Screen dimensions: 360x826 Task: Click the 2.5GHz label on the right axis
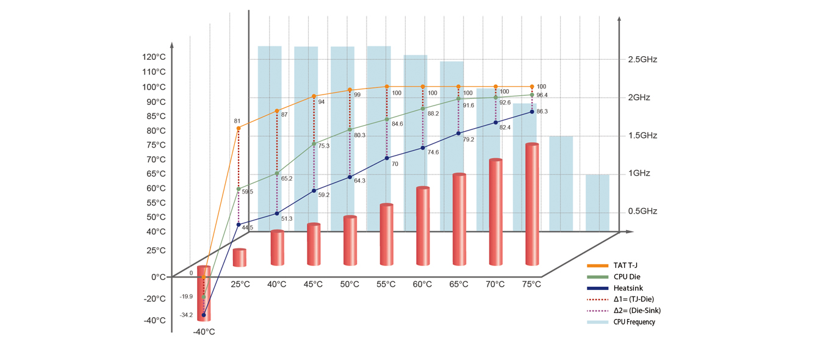click(642, 60)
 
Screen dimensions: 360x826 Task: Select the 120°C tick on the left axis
click(154, 57)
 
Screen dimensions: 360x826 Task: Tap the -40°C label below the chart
click(204, 332)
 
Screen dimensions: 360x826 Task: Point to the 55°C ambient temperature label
click(386, 284)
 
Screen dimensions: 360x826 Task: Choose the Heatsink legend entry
click(628, 288)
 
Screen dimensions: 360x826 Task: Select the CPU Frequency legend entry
click(634, 322)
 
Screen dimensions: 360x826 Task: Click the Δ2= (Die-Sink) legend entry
click(637, 311)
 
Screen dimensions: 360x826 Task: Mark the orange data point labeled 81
click(238, 128)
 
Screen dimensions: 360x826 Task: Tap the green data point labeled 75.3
click(314, 144)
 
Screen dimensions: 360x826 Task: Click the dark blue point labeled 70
click(386, 159)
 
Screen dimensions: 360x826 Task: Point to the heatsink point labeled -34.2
click(204, 315)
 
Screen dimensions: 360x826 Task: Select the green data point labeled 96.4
click(532, 95)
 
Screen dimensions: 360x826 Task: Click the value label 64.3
click(360, 181)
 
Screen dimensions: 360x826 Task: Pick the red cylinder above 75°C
click(532, 204)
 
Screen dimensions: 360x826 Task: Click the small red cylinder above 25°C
click(240, 257)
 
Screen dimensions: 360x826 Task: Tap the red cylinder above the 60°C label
click(423, 226)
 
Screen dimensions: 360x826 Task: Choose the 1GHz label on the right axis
click(639, 173)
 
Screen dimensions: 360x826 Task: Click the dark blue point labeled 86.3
click(532, 112)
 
